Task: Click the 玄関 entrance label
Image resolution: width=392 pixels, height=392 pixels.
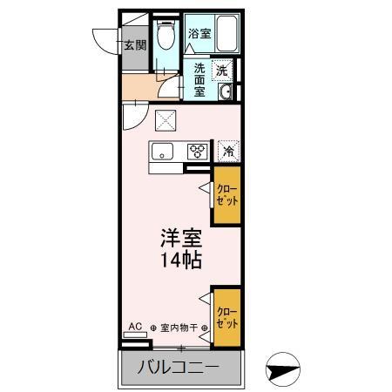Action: [x=134, y=45]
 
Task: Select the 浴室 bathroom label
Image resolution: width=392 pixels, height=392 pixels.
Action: [x=199, y=34]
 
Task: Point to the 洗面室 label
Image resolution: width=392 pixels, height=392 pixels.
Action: [x=199, y=80]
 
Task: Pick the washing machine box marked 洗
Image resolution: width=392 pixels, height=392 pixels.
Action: [x=224, y=70]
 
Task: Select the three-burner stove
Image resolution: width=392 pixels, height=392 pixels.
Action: [x=198, y=152]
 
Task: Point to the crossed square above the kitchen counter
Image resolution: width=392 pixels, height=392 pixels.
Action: [x=165, y=121]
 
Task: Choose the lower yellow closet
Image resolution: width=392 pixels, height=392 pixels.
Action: [x=226, y=318]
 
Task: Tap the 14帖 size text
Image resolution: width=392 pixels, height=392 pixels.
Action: [x=180, y=260]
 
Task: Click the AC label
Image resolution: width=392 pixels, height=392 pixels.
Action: [x=135, y=328]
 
